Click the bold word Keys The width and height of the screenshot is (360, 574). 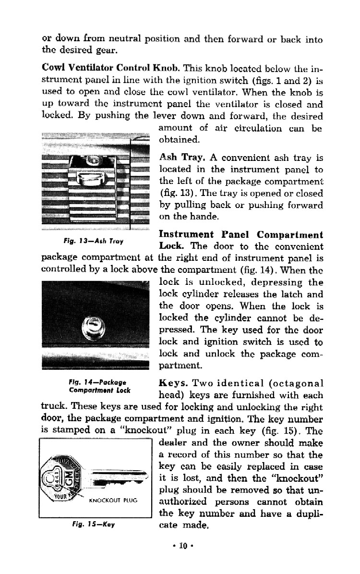[x=172, y=383]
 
